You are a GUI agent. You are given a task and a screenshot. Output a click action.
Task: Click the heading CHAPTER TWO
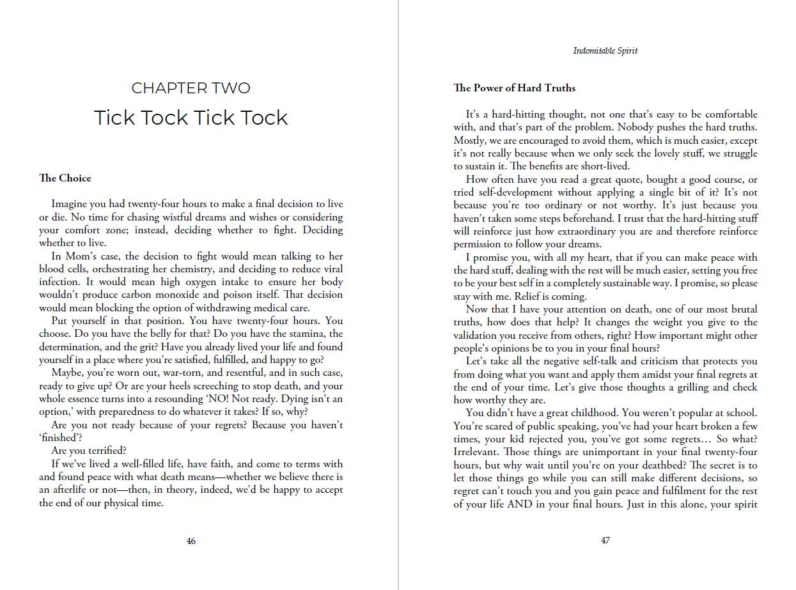(191, 88)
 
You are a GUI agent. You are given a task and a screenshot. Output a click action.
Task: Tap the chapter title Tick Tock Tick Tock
(191, 118)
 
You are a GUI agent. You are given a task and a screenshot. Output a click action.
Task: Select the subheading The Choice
(65, 178)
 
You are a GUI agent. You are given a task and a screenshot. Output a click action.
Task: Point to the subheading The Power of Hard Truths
(515, 88)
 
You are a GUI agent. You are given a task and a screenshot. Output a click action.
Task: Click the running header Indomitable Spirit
(605, 51)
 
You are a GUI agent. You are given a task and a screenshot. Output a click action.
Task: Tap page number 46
(191, 541)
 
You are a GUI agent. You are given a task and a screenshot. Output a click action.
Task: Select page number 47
(605, 541)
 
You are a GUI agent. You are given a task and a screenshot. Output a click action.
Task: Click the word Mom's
(75, 256)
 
